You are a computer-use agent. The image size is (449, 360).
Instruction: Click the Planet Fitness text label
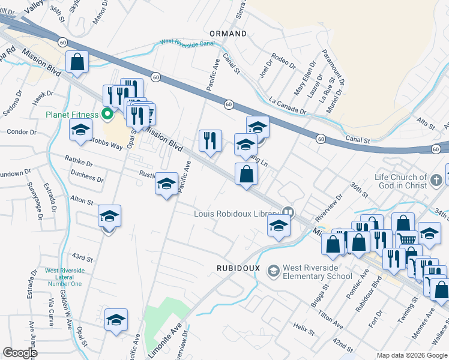(70, 115)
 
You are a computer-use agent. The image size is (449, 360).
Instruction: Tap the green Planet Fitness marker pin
(108, 113)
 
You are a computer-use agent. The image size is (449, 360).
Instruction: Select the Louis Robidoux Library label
(237, 213)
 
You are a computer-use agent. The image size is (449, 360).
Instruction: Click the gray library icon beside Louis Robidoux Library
(289, 212)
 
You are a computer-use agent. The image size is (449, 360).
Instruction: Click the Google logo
(20, 353)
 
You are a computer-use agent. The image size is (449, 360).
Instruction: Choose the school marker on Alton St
(109, 216)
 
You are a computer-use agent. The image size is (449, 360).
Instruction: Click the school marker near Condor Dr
(80, 130)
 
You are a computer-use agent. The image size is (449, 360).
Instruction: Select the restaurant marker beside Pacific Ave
(210, 140)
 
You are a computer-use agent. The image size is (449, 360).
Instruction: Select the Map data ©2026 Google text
(411, 355)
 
